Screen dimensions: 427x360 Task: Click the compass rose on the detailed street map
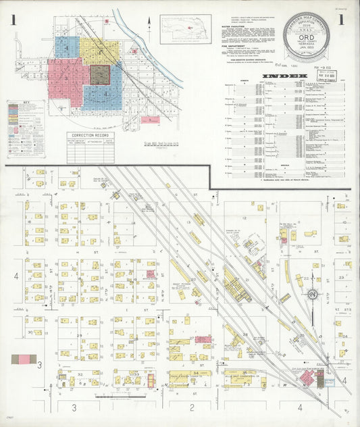click(313, 294)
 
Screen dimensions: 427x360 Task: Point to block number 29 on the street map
click(79, 336)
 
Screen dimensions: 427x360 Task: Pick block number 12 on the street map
click(244, 218)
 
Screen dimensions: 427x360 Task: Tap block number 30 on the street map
click(30, 332)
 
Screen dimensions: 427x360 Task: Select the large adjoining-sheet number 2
click(192, 407)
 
